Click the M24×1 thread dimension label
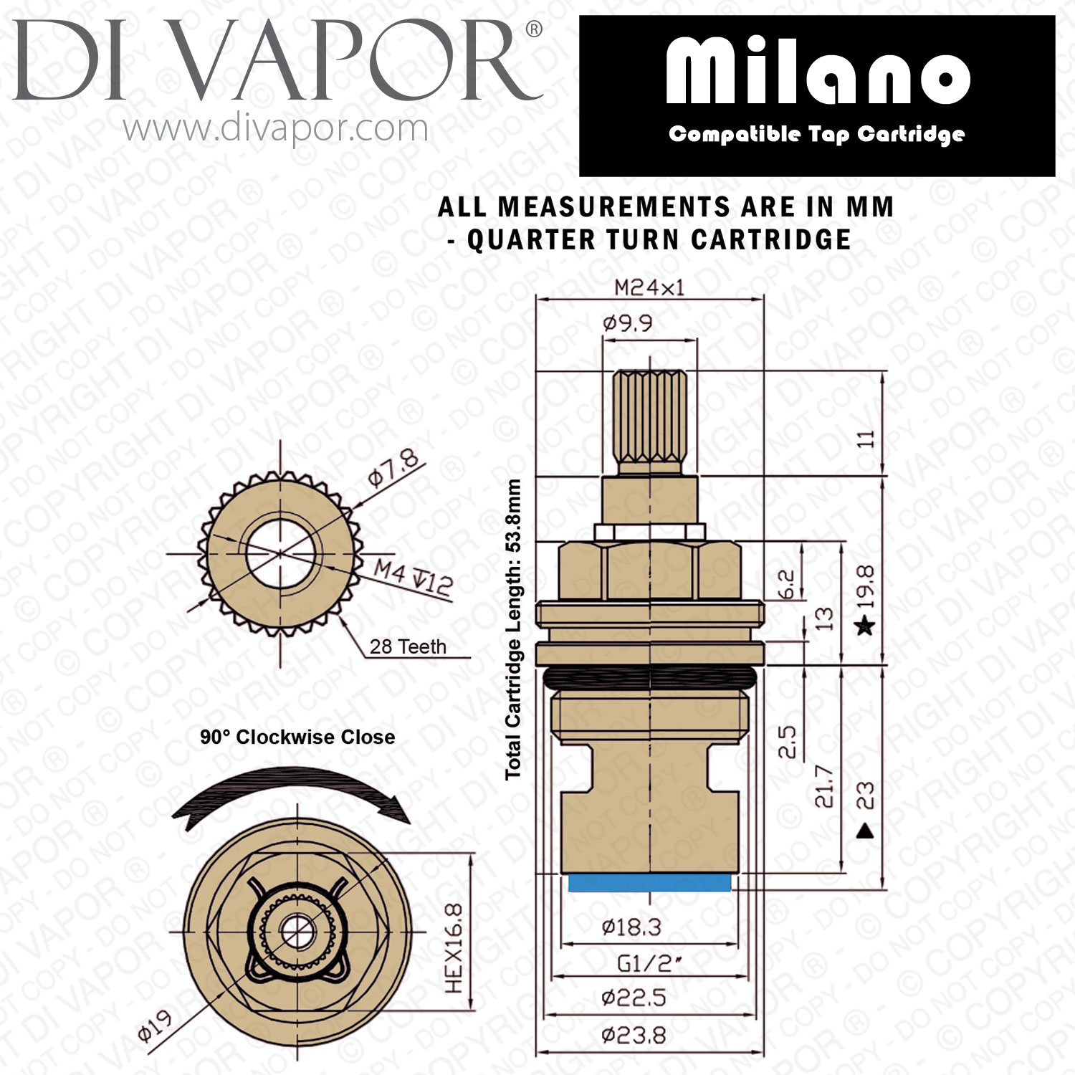(x=649, y=288)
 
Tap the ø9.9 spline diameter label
(x=628, y=323)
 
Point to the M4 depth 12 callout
(x=414, y=577)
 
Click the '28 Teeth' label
(x=408, y=646)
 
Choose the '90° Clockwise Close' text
(x=297, y=737)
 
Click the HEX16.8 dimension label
(x=454, y=948)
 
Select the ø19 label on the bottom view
(x=155, y=1026)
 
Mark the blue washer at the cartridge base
(x=649, y=883)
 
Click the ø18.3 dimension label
(x=631, y=927)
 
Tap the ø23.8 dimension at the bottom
(x=634, y=1035)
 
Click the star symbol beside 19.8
(x=866, y=626)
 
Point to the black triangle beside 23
(x=866, y=831)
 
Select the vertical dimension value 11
(x=867, y=439)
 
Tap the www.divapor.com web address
(x=275, y=129)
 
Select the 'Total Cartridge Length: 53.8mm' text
(x=512, y=629)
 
